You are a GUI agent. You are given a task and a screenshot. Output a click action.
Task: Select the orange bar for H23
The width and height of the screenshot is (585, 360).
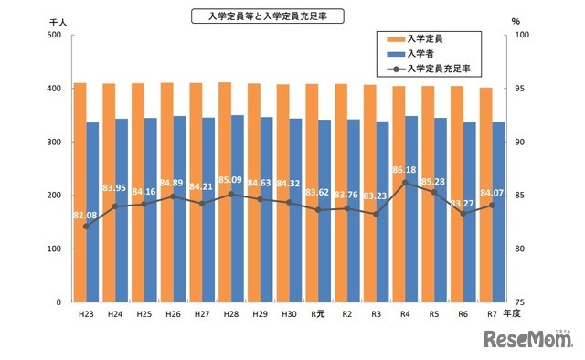click(x=80, y=192)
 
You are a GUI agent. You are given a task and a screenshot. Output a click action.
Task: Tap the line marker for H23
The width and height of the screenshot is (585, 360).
click(x=87, y=226)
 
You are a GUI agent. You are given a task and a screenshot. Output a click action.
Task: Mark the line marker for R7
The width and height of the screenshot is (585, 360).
click(x=491, y=205)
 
